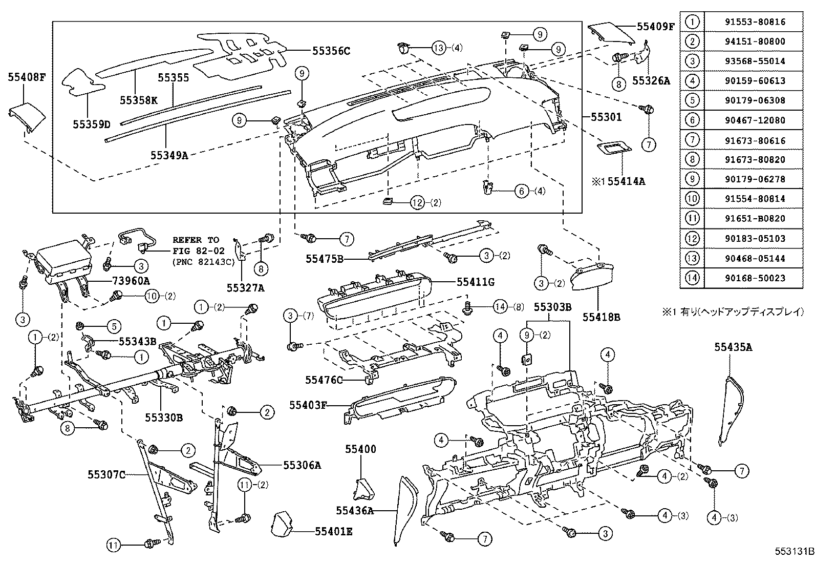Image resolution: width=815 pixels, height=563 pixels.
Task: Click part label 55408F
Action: pos(27,78)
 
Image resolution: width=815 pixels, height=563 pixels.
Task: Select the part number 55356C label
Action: pos(331,51)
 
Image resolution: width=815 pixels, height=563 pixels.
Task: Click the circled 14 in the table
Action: pos(692,278)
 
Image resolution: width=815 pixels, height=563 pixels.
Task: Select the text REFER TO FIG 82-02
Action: pos(196,244)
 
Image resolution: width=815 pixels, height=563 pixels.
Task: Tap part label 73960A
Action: pos(131,281)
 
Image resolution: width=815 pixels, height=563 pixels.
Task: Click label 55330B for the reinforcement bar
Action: pos(163,418)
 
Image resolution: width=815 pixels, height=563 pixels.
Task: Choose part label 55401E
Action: pos(333,531)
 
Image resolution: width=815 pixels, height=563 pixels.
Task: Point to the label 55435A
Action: pos(733,347)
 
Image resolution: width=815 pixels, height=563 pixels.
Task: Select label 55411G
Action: pos(476,281)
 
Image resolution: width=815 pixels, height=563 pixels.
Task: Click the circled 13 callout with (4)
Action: pos(439,48)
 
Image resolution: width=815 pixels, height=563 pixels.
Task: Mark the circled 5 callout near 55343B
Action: pos(114,325)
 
